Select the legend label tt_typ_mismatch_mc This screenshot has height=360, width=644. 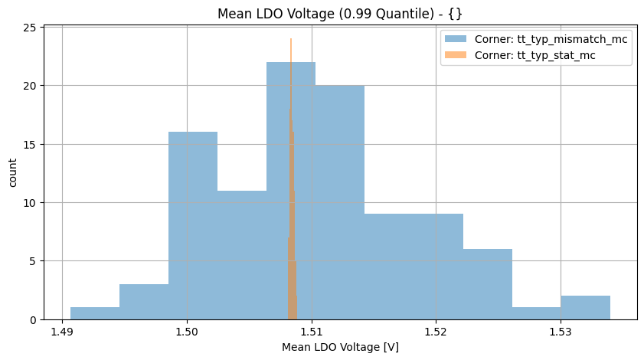567,39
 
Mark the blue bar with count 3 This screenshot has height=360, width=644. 144,302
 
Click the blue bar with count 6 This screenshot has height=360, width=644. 488,284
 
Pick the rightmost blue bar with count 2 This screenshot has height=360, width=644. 586,308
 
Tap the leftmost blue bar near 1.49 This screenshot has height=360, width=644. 95,313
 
